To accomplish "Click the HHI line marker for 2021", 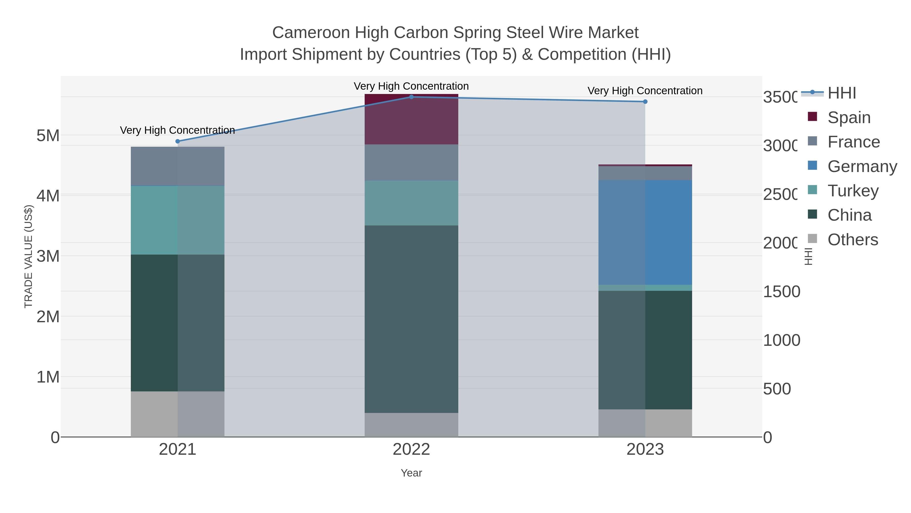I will pos(178,141).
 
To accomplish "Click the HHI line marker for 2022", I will pos(411,97).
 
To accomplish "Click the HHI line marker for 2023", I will pos(645,102).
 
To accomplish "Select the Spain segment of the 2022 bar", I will pos(411,119).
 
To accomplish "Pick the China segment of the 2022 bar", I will pos(411,319).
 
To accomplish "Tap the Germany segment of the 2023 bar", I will pos(645,232).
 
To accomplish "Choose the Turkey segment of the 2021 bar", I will pos(178,220).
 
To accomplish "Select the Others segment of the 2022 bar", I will pos(411,425).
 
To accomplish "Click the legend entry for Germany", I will pos(862,166).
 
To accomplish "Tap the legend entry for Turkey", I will pos(853,191).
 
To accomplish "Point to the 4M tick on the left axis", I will pos(48,196).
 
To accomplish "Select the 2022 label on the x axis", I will pos(411,449).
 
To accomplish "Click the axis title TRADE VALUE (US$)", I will pos(28,256).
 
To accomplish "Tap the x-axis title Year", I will pos(411,473).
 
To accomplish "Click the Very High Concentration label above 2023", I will pos(645,91).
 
